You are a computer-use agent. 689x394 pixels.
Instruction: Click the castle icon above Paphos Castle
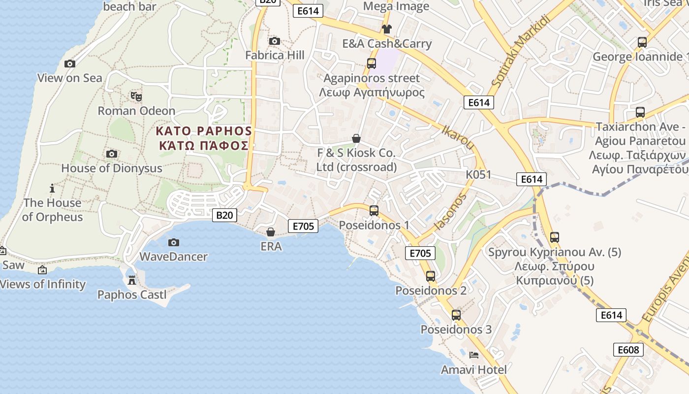132,280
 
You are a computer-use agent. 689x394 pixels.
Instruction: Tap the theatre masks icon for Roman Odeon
136,96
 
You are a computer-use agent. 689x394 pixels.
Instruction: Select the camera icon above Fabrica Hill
275,41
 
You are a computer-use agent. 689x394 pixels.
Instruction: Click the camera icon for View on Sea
70,64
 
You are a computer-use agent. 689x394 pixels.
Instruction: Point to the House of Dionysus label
112,168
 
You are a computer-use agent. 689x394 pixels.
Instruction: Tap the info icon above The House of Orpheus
52,188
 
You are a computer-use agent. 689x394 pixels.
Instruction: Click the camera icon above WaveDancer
173,242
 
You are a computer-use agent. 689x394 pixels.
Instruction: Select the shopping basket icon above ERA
271,231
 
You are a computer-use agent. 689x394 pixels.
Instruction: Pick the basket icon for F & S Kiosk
356,139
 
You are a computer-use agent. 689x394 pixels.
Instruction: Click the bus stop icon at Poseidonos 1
374,211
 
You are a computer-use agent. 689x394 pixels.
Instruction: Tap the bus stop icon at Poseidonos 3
456,315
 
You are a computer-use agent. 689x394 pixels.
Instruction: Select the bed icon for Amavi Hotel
474,355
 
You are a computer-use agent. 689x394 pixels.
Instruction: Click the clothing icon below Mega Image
386,29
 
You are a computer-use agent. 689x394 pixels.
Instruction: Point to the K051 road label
478,174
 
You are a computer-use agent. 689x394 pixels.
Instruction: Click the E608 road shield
629,350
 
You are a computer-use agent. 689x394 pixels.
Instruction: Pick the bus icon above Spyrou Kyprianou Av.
555,237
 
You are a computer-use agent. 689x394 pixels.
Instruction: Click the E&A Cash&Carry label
387,44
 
